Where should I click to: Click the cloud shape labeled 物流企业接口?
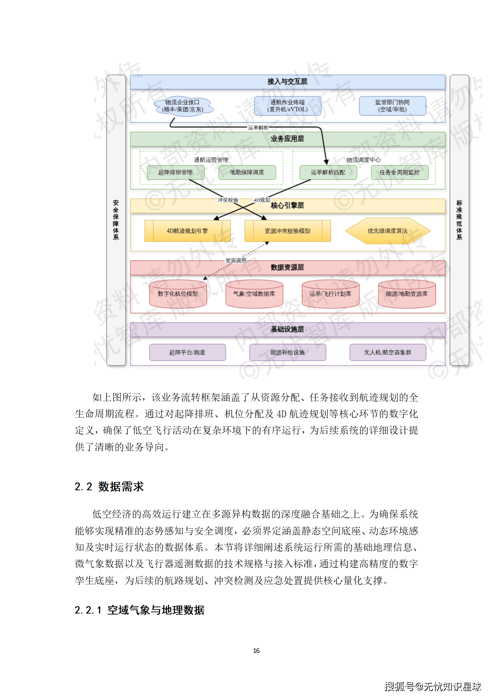coord(183,106)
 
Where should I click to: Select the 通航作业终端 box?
coord(287,106)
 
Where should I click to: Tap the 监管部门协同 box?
coord(392,106)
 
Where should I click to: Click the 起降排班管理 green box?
coord(176,172)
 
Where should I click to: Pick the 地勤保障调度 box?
coord(247,172)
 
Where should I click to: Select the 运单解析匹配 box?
coord(328,172)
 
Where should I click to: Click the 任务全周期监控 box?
coord(399,172)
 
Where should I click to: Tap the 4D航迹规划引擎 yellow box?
coord(187,231)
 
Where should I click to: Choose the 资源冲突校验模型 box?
coord(287,231)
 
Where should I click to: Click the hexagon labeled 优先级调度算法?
coord(387,231)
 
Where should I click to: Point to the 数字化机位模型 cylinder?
coord(178,294)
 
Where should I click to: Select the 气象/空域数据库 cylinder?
coord(254,294)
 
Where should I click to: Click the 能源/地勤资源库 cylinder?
coord(407,294)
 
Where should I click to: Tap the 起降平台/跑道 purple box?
coord(187,352)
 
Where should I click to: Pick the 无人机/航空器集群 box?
coord(387,352)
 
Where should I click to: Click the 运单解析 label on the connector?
coord(258,127)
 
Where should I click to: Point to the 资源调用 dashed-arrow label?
coord(236,260)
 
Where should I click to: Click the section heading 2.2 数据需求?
coord(109,487)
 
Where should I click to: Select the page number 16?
coord(256,650)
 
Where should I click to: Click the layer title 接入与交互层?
coord(287,82)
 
